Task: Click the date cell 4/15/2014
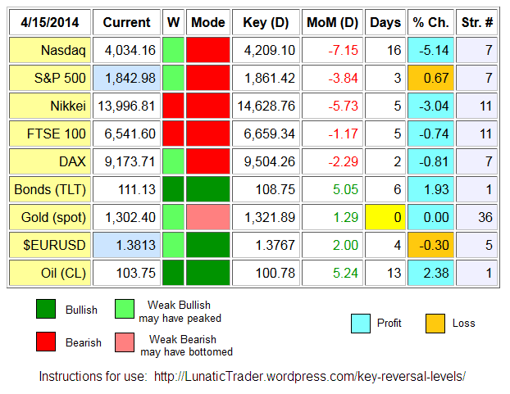50,22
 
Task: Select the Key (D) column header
265,22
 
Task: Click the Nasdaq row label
50,51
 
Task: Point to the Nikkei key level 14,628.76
265,106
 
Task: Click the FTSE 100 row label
50,134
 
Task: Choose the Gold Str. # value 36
476,218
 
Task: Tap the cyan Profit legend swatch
362,323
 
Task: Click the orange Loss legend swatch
436,323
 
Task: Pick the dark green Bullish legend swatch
47,310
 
